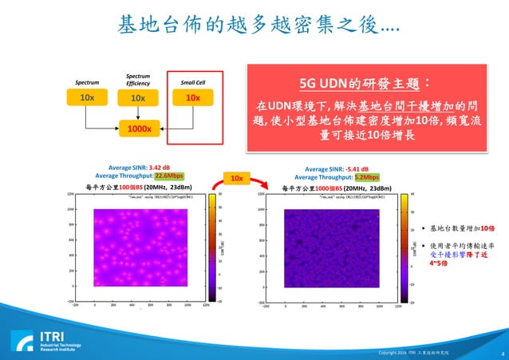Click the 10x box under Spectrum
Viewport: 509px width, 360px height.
coord(87,97)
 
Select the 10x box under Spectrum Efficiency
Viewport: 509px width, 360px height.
coord(138,97)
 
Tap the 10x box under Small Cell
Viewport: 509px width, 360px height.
coord(192,97)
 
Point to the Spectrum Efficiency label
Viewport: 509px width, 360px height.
coord(137,79)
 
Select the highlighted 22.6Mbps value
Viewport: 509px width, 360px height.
coord(169,176)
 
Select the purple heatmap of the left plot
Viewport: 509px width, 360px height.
coord(140,247)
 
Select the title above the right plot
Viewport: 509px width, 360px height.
coord(335,188)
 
